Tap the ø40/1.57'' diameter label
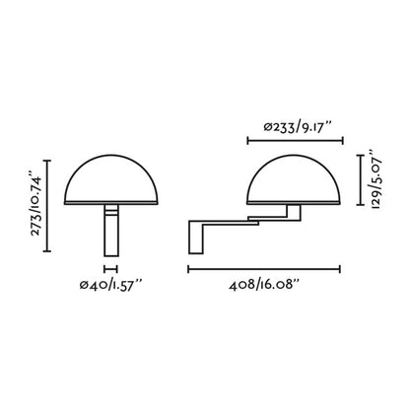(x=111, y=286)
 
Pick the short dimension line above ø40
(x=109, y=267)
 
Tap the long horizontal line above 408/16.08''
(x=264, y=267)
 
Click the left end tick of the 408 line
(x=188, y=267)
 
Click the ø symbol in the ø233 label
(x=269, y=126)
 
